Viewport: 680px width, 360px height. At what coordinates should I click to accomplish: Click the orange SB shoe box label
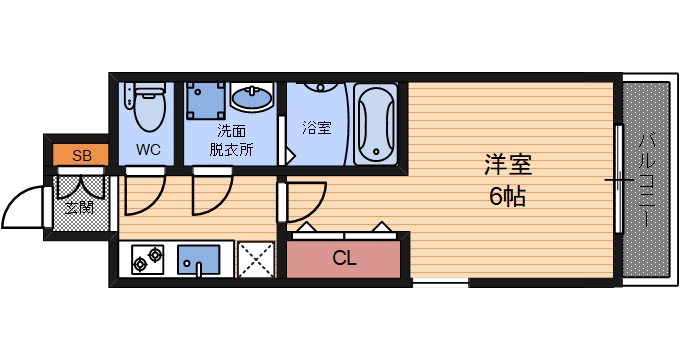pos(82,155)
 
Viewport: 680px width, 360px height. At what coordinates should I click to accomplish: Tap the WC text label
pos(148,151)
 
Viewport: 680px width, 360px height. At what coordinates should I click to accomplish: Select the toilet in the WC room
pos(148,107)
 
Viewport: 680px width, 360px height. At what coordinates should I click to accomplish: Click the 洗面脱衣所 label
pos(231,140)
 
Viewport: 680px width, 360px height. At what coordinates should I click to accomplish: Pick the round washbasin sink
pos(251,99)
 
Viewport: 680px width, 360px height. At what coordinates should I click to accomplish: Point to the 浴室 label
pos(317,127)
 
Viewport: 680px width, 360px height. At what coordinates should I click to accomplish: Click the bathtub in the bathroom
pos(374,124)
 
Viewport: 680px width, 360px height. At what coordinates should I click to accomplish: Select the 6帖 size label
pos(508,196)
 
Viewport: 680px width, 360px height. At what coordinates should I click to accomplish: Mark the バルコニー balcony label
pos(647,180)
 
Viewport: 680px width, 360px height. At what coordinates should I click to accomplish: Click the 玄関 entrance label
pos(79,208)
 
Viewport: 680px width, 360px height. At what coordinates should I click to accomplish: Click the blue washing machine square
pos(207,100)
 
